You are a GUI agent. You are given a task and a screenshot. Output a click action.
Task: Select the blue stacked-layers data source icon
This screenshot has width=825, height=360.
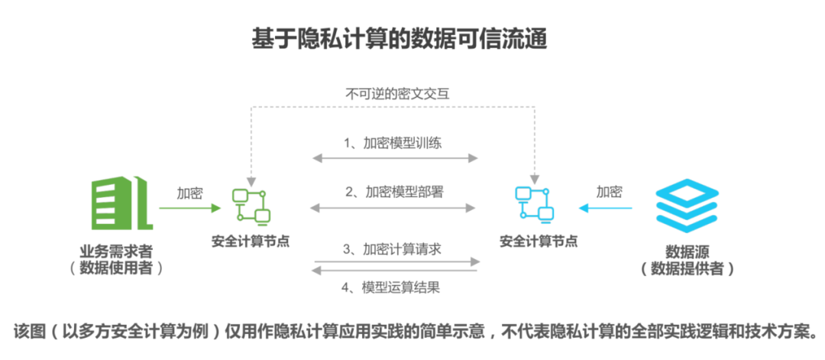coord(687,206)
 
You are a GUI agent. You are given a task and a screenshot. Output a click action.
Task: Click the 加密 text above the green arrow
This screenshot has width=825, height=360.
coord(189,192)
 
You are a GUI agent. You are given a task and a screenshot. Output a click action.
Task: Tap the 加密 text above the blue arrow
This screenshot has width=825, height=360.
coord(609,192)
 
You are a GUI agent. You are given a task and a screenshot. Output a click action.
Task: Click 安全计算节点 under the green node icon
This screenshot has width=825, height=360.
coord(251,242)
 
